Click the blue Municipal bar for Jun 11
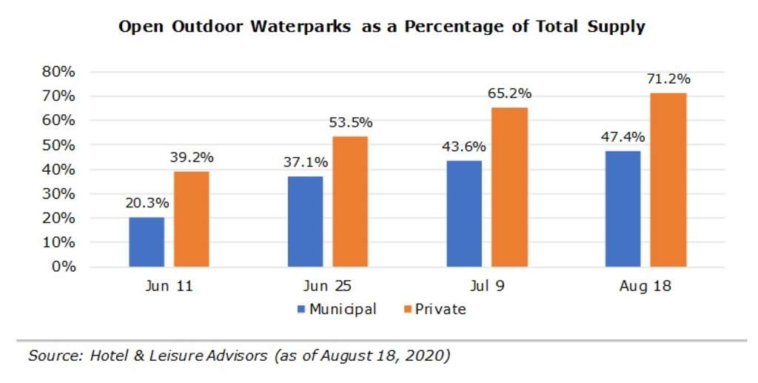coord(147,242)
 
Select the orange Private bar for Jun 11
coord(192,219)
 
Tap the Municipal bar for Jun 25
coord(305,221)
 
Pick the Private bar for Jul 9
coord(509,187)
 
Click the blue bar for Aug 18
coord(623,208)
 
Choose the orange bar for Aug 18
coord(668,179)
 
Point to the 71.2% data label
coord(668,79)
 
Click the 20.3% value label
coord(147,203)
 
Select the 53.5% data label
coord(350,122)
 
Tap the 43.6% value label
coord(464,147)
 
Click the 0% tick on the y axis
coord(63,267)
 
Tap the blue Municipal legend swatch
coord(301,309)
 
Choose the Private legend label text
coord(441,309)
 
